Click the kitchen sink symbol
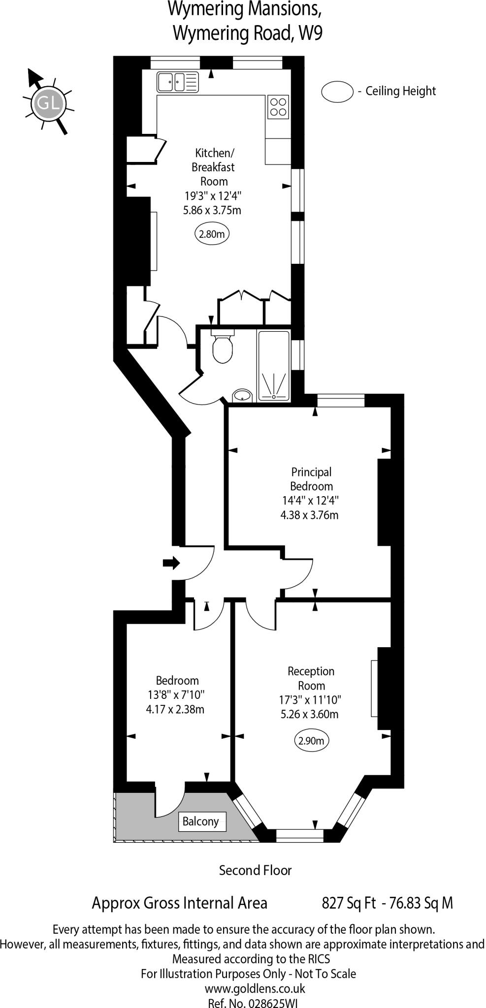178,82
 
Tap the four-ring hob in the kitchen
278,107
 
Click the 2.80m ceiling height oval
212,234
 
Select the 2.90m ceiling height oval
311,740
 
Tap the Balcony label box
202,821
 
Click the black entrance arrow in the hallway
171,563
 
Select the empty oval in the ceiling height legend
337,92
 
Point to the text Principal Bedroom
311,479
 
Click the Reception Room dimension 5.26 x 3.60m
309,714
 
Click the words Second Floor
255,870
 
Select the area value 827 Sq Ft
349,903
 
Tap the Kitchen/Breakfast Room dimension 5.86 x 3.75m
212,210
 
